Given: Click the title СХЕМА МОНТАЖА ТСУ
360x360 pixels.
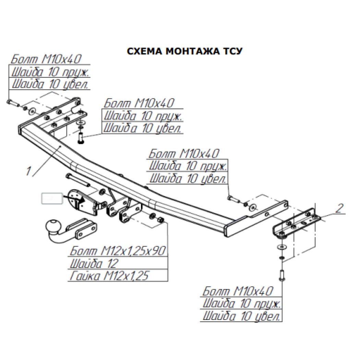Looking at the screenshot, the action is click(184, 51).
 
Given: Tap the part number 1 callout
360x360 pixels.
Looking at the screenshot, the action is click(28, 171).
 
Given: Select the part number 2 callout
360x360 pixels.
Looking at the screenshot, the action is click(339, 208).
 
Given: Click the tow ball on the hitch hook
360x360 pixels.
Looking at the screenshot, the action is click(53, 226).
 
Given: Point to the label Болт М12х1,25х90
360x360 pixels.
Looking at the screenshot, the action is click(118, 251).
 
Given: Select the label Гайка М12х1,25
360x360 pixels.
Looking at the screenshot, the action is click(109, 276).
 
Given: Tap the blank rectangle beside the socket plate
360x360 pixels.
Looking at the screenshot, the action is click(52, 199).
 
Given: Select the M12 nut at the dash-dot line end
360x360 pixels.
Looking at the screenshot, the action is click(161, 220).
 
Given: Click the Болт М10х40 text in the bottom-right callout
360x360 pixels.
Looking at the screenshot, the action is click(238, 291).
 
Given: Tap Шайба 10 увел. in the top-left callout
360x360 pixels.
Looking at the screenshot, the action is click(50, 84).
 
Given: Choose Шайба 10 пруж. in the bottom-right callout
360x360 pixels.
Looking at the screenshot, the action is click(241, 303).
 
